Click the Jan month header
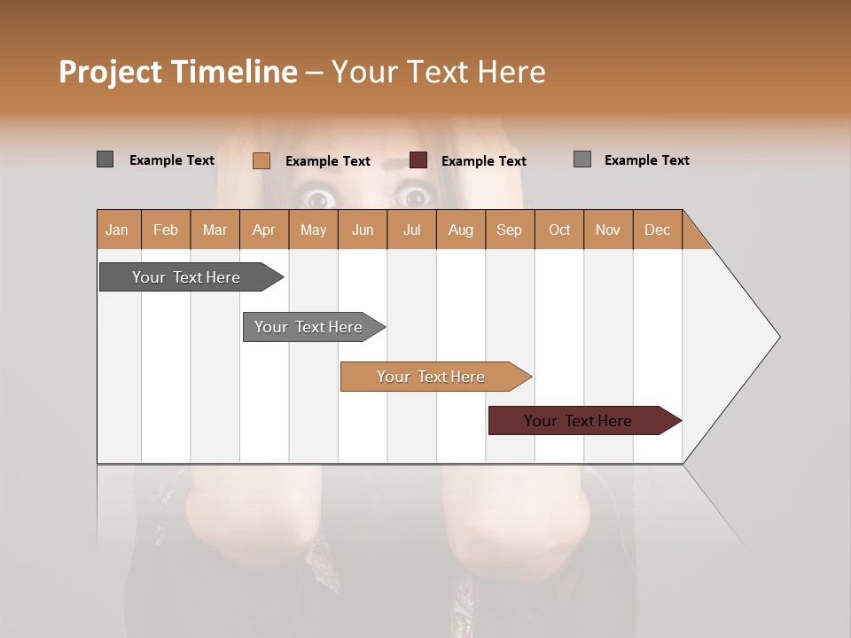(118, 230)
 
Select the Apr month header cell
(263, 230)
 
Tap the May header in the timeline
(313, 230)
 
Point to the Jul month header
(411, 230)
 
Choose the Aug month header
(461, 230)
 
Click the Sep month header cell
(510, 230)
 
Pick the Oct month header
(559, 230)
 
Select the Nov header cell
(608, 230)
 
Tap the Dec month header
(658, 230)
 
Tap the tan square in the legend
(262, 160)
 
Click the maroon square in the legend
(418, 160)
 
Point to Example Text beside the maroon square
(484, 161)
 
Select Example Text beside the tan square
(328, 161)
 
